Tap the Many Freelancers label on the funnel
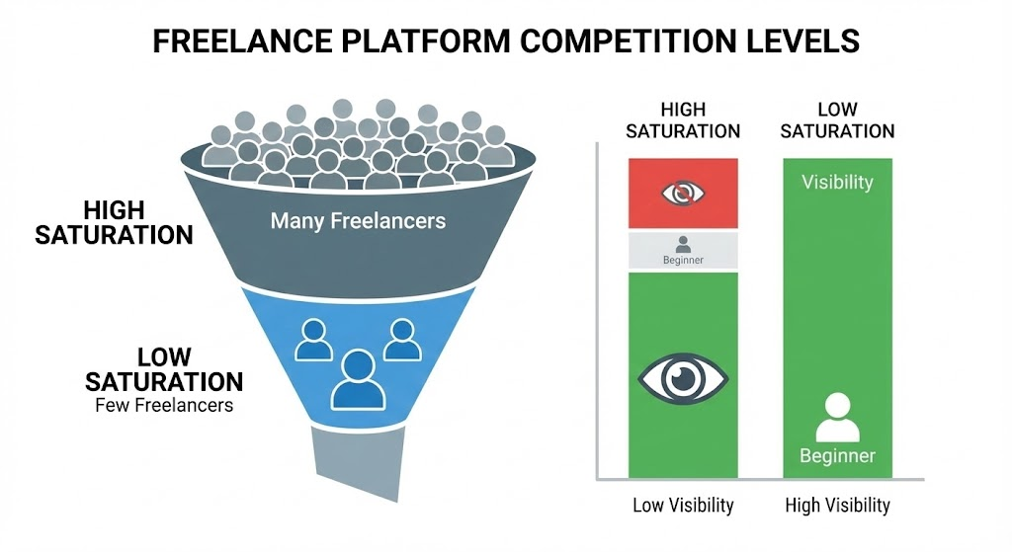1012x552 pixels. [358, 219]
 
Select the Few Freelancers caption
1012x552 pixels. [164, 405]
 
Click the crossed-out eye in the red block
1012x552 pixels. [683, 193]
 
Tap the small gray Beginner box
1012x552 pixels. [683, 251]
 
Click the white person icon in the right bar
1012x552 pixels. [837, 418]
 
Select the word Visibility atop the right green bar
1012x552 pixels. [837, 183]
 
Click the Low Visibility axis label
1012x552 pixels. [683, 506]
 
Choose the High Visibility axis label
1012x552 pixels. [837, 506]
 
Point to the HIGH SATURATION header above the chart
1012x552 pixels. [683, 119]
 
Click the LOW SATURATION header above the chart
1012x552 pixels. [837, 119]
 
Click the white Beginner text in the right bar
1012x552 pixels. [837, 456]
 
